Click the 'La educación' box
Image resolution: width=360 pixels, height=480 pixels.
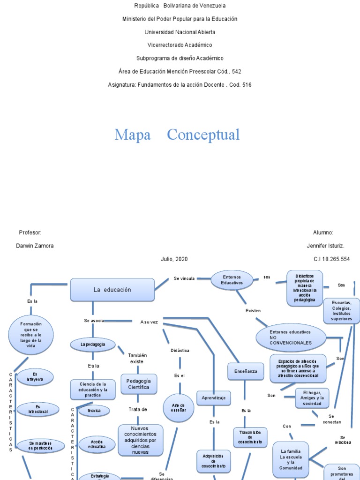pyautogui.click(x=112, y=290)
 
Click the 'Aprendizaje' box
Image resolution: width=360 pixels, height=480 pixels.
pyautogui.click(x=213, y=398)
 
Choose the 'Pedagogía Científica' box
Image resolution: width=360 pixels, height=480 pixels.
pyautogui.click(x=138, y=384)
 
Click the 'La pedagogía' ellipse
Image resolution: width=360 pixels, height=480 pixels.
pyautogui.click(x=93, y=345)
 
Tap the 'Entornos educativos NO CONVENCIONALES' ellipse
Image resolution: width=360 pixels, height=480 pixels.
pyautogui.click(x=291, y=337)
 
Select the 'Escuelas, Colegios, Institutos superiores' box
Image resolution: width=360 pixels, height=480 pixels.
pyautogui.click(x=341, y=310)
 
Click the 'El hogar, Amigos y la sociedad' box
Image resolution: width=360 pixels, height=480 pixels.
pyautogui.click(x=311, y=398)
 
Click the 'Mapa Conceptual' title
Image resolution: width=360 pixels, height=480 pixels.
pyautogui.click(x=177, y=135)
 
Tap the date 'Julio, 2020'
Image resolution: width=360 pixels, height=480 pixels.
pyautogui.click(x=174, y=259)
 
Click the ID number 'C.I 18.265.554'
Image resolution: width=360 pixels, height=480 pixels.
pyautogui.click(x=331, y=259)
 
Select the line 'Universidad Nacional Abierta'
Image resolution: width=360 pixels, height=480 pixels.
pyautogui.click(x=180, y=32)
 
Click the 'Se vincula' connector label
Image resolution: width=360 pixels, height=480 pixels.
pyautogui.click(x=184, y=278)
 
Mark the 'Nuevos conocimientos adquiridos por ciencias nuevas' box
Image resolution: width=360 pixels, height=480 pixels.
pyautogui.click(x=140, y=440)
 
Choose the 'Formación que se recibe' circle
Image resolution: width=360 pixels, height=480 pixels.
pyautogui.click(x=31, y=335)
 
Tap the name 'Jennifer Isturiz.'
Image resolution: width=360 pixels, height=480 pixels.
pyautogui.click(x=325, y=246)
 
